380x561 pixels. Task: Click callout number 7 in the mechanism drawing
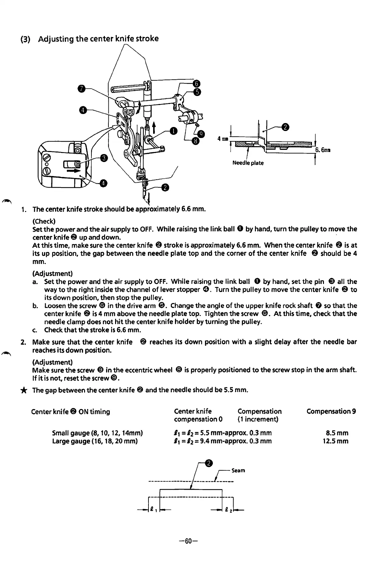pos(81,88)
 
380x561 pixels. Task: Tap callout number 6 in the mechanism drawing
pos(197,83)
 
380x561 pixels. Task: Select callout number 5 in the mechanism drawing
pos(197,92)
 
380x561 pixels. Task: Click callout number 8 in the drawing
pos(197,141)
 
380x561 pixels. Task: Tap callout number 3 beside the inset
pos(104,158)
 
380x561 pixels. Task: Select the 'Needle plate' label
pos(248,163)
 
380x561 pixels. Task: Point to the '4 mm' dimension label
pos(223,139)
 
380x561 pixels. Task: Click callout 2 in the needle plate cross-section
pos(285,127)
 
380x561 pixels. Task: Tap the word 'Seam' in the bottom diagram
pos(239,470)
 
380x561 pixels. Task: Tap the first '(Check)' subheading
pos(44,221)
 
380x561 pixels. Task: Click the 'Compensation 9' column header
pos(331,411)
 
